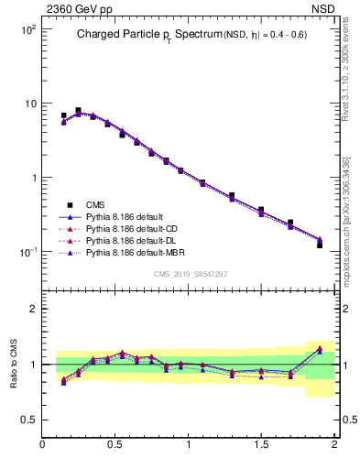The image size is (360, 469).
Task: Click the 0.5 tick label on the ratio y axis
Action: tap(28, 420)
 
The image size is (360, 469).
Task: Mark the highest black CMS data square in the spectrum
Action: tap(78, 111)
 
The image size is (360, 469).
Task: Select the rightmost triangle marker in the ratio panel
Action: tap(320, 348)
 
